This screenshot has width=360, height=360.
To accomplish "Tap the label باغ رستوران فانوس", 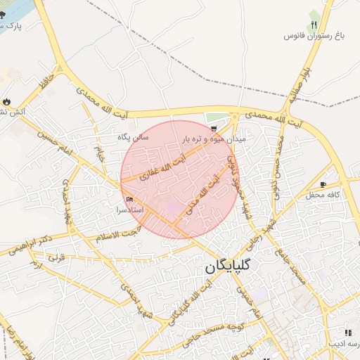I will tap(313, 35).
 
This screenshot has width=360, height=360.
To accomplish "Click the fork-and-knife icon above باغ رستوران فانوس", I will tap(314, 24).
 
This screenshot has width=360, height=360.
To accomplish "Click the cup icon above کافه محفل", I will tap(323, 184).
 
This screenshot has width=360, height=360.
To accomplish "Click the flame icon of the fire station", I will tap(7, 103).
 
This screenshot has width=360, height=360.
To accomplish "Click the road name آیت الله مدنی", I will tap(207, 185).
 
